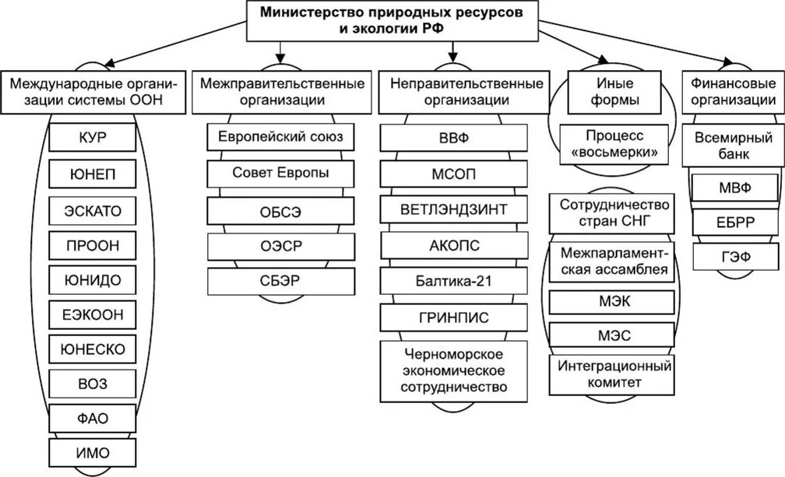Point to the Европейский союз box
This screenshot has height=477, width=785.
pyautogui.click(x=280, y=138)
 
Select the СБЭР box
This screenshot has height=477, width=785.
pyautogui.click(x=280, y=280)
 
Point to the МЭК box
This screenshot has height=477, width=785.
pyautogui.click(x=612, y=302)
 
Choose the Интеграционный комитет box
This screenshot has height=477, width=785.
pyautogui.click(x=612, y=374)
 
